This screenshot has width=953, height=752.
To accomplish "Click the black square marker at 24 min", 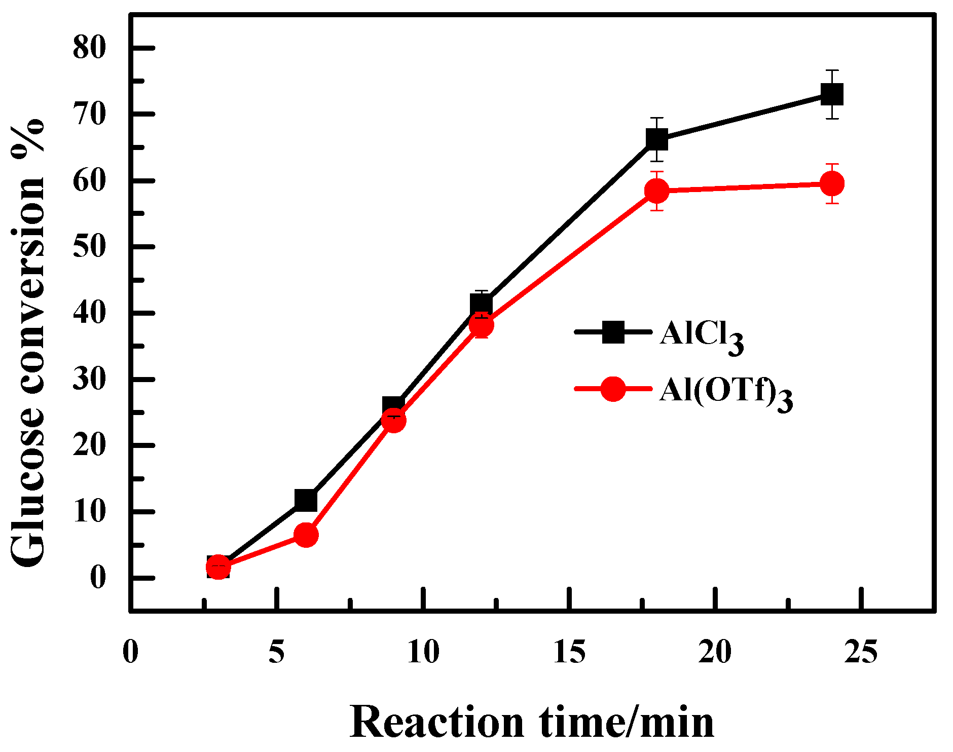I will point(832,95).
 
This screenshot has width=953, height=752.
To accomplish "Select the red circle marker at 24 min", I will point(832,183).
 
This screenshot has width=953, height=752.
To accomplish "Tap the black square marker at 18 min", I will point(657,139).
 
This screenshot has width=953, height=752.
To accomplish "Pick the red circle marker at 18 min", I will point(657,191).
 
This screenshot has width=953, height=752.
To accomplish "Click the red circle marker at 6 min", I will point(306,535).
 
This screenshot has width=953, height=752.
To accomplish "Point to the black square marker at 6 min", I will point(306,501).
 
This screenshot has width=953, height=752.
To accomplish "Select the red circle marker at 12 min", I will point(481,325).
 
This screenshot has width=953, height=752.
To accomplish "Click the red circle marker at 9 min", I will point(393,421).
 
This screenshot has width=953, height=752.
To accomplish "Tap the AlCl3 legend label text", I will point(702,335).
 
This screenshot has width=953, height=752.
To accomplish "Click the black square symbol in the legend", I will point(613,332).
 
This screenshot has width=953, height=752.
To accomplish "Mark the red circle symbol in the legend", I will point(613,389).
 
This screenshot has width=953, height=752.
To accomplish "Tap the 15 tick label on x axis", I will point(569,652).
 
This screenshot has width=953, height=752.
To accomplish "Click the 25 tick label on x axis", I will point(860,652).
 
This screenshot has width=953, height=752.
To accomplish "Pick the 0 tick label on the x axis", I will point(131,652).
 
